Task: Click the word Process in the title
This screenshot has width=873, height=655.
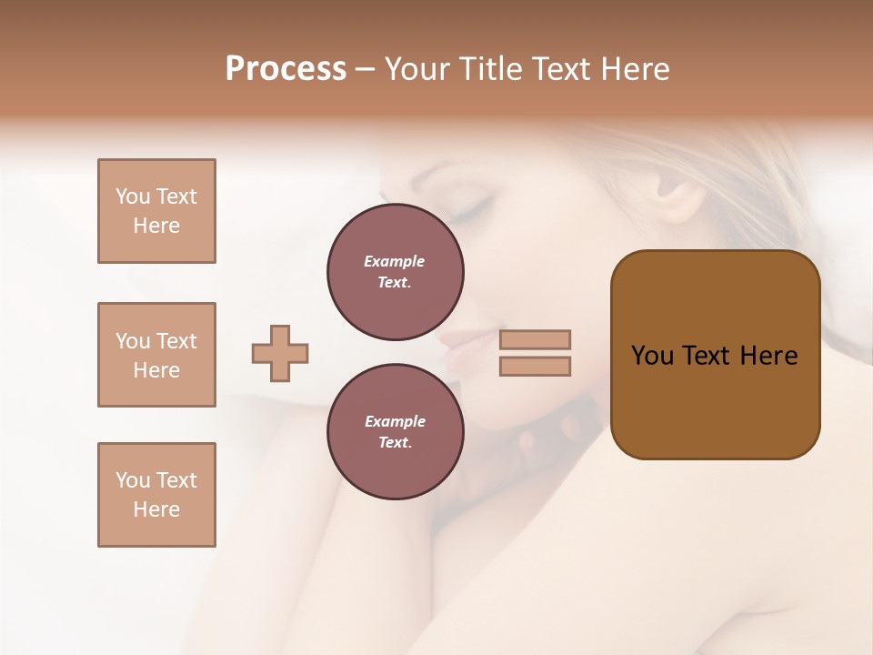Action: pos(286,69)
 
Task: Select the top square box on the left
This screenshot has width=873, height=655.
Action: pos(156,211)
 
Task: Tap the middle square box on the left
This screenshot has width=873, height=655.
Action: pos(156,355)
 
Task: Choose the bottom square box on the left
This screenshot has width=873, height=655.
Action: pos(156,495)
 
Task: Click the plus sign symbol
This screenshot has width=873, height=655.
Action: pos(280,353)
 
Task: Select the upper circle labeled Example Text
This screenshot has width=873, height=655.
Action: pos(395,272)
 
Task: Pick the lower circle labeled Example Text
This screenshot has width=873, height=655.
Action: pos(395,432)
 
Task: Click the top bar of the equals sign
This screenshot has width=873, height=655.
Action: pos(535,339)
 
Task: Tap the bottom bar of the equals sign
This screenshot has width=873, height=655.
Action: pos(535,366)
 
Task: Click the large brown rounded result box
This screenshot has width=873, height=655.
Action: pos(715,355)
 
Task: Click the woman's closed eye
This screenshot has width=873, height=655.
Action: pos(469,212)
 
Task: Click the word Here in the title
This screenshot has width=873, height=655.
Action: pos(633,69)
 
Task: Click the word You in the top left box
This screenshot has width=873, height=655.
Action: pos(133,196)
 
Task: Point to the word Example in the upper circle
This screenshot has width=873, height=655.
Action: pos(395,261)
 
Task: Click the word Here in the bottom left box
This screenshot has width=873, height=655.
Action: pos(156,509)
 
